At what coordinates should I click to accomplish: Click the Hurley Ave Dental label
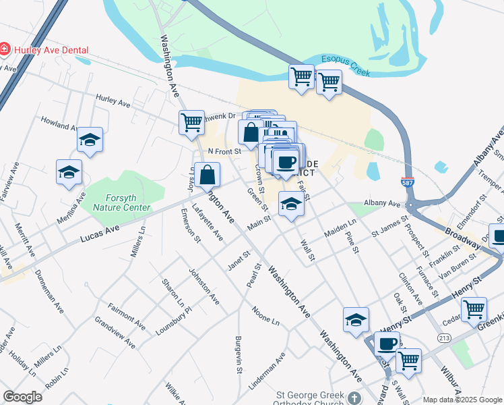tap(50, 49)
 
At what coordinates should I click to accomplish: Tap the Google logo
tap(22, 397)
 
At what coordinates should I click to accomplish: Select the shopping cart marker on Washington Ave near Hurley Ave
tap(191, 122)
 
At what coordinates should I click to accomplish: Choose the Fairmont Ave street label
tap(126, 315)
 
